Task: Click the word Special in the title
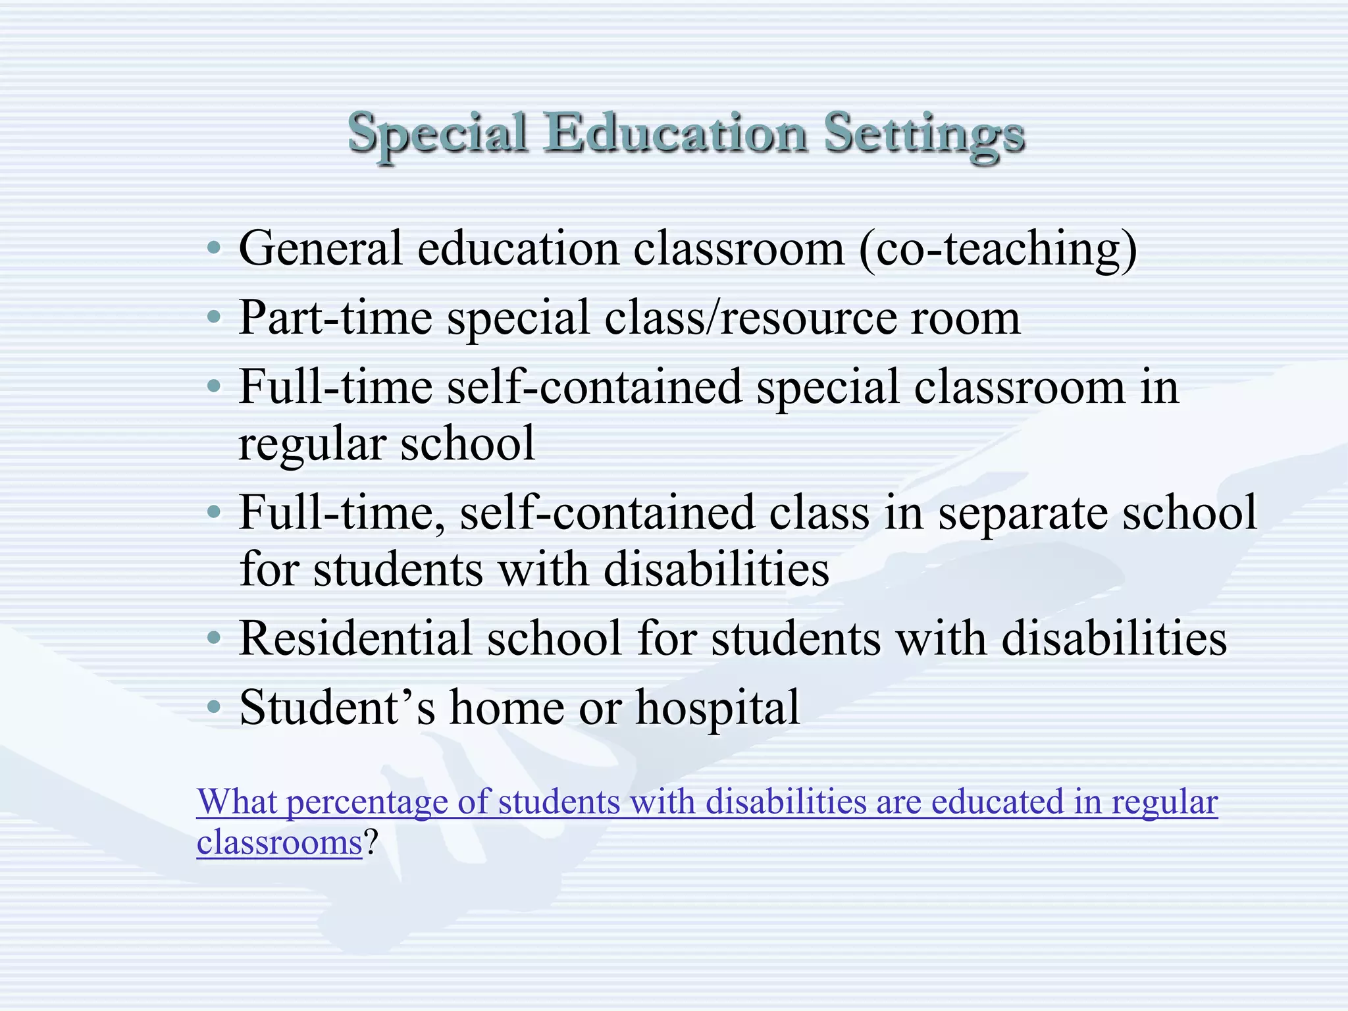[438, 134]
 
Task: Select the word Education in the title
[676, 134]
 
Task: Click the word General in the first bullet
[321, 249]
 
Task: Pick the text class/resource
[750, 318]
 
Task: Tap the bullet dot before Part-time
[213, 318]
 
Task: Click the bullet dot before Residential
[213, 638]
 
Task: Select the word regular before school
[312, 445]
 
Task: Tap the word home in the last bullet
[507, 708]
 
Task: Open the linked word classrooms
[279, 842]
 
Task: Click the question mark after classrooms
[371, 842]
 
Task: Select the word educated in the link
[997, 802]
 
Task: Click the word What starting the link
[237, 802]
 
